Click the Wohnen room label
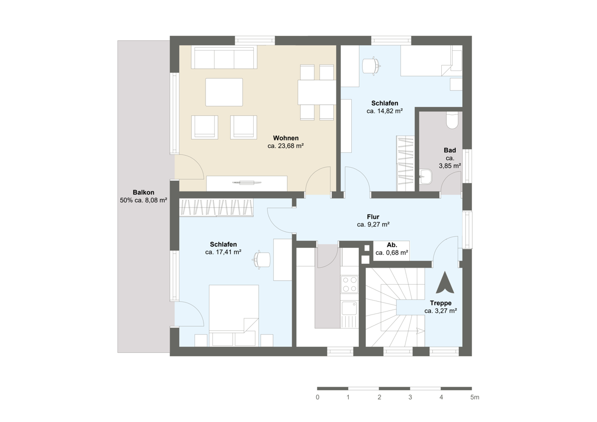click(286, 138)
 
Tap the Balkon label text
click(143, 193)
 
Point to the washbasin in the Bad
click(426, 177)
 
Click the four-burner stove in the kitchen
click(350, 284)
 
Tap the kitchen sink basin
click(349, 308)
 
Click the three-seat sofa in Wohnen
click(224, 58)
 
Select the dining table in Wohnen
click(317, 92)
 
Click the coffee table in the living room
click(224, 92)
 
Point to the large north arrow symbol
click(445, 282)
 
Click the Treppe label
click(441, 303)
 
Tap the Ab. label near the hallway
click(392, 245)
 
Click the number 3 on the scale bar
click(410, 397)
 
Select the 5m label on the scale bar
click(475, 397)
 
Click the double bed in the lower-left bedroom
click(234, 316)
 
